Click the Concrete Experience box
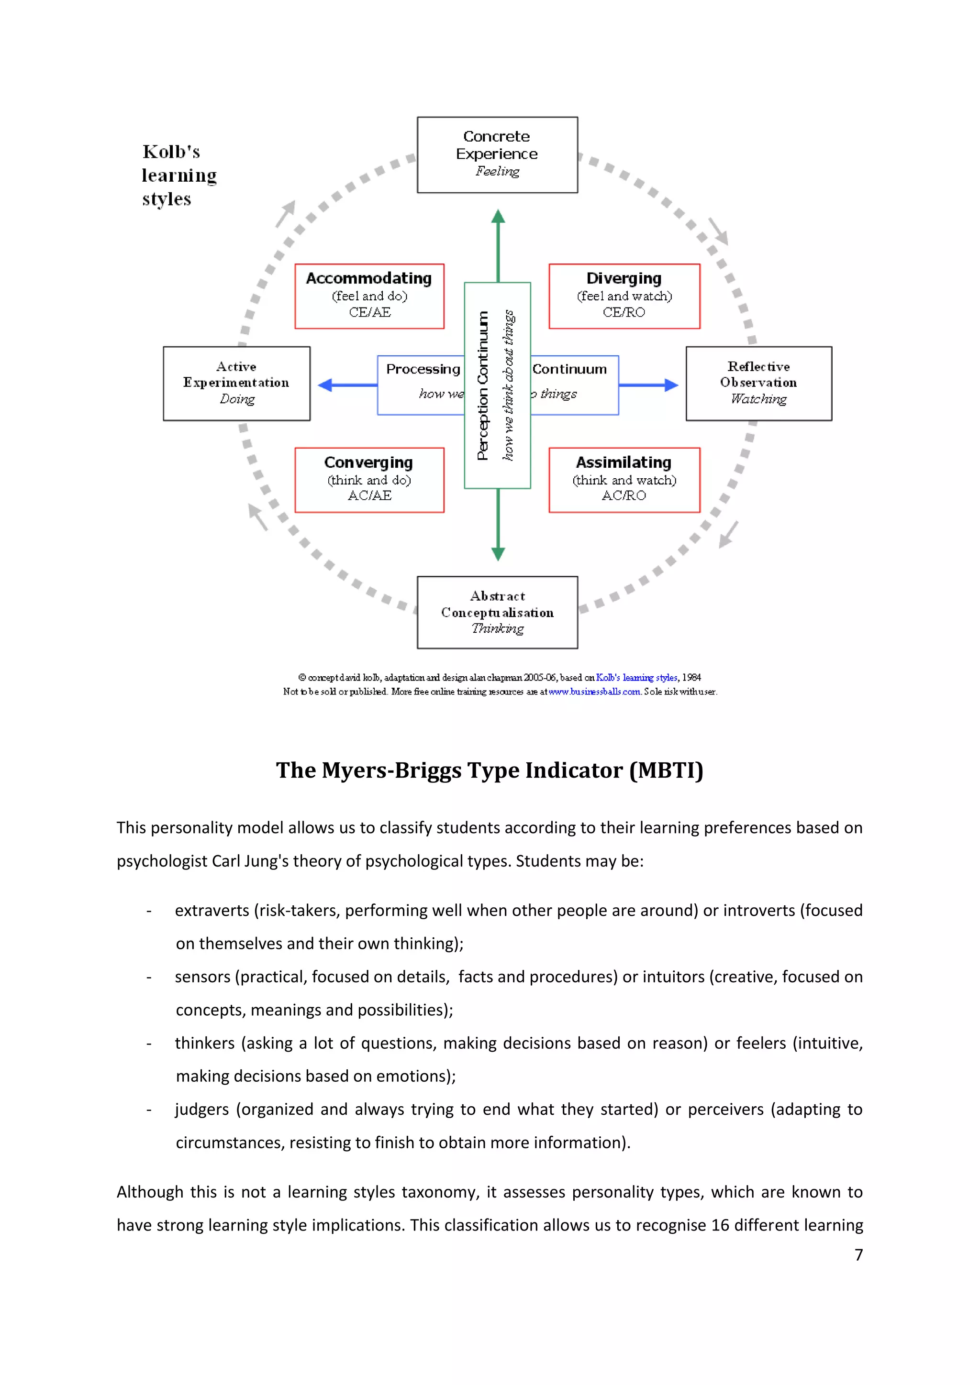point(497,154)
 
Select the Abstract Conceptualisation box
point(497,612)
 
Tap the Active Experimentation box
point(236,383)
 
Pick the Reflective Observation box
point(758,383)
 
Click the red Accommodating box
point(369,296)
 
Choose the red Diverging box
point(624,296)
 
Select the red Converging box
point(369,480)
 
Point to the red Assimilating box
point(624,480)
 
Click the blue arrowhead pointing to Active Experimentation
point(326,385)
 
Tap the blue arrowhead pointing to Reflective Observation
point(670,385)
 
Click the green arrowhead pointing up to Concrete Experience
point(498,217)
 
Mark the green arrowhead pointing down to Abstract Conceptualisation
point(498,554)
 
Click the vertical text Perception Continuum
point(482,386)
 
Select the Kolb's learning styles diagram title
point(178,175)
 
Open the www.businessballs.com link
point(594,692)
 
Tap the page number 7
point(858,1255)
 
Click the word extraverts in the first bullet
point(212,910)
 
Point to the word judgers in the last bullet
point(201,1110)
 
